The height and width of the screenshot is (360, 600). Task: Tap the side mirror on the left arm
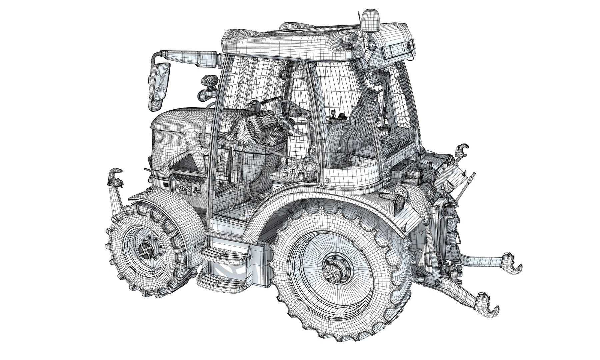[158, 87]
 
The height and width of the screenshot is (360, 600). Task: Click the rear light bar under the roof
[398, 50]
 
